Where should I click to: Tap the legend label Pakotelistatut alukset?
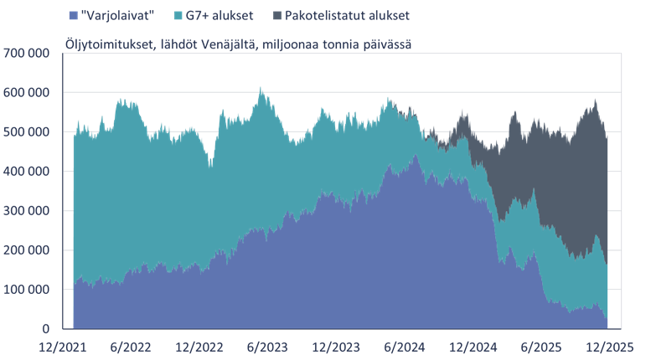point(346,15)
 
